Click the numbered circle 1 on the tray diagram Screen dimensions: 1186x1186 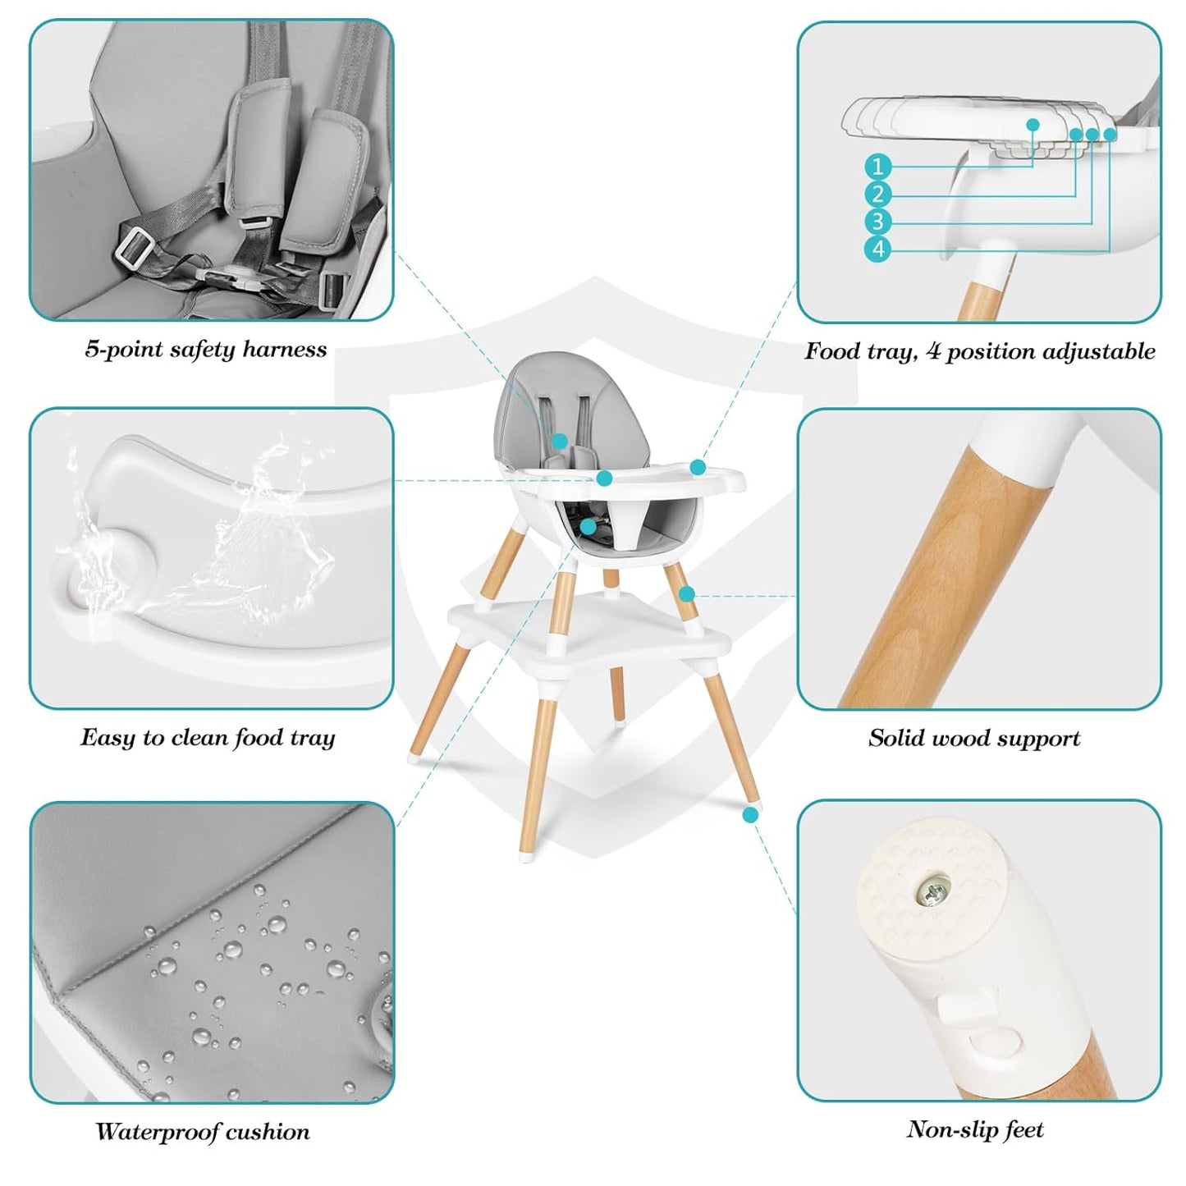pyautogui.click(x=877, y=167)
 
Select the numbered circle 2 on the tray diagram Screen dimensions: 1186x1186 pyautogui.click(x=877, y=195)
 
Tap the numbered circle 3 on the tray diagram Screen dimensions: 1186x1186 pyautogui.click(x=877, y=222)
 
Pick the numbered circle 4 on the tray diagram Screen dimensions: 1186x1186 pyautogui.click(x=877, y=249)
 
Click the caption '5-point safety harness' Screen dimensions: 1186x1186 pyautogui.click(x=206, y=350)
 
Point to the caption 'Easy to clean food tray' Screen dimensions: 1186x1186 pyautogui.click(x=208, y=738)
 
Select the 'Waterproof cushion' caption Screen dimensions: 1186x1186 pyautogui.click(x=203, y=1132)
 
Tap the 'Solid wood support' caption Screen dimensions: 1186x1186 pyautogui.click(x=974, y=738)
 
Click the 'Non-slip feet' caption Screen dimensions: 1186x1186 pyautogui.click(x=975, y=1130)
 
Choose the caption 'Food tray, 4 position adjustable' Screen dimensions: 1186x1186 pyautogui.click(x=979, y=351)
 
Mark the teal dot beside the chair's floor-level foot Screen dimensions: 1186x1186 pyautogui.click(x=750, y=814)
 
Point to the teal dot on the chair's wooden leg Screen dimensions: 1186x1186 pyautogui.click(x=687, y=593)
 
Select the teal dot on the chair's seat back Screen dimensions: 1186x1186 pyautogui.click(x=560, y=442)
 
